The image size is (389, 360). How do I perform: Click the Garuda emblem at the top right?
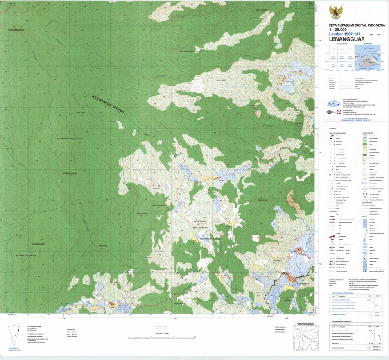pos(336,12)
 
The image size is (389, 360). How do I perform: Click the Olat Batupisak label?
pos(17,30)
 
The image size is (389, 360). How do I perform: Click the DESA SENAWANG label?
pos(38,244)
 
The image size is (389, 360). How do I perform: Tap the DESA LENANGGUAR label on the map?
pos(201,227)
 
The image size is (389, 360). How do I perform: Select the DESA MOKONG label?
pos(262,9)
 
